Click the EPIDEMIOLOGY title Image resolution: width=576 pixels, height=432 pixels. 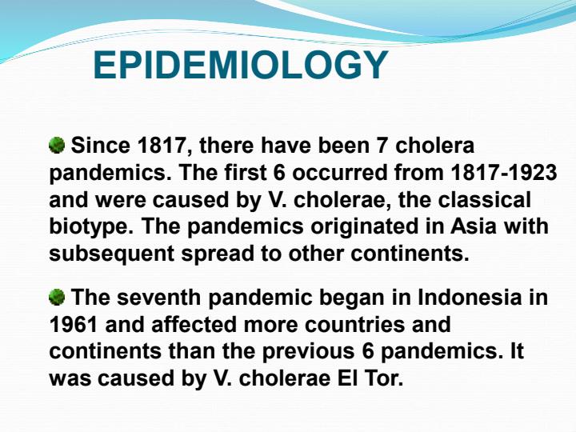click(240, 66)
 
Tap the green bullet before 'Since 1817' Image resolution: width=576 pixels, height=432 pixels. click(57, 146)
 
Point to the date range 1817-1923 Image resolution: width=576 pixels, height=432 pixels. click(504, 173)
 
